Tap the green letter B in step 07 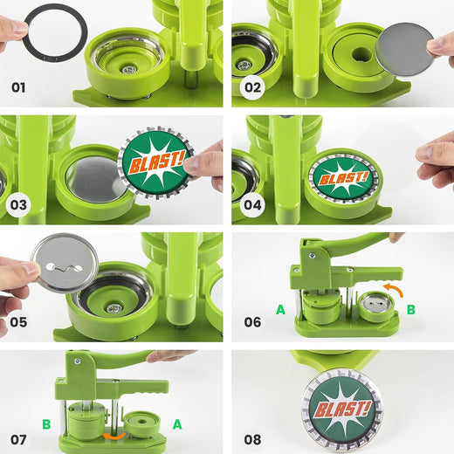[x=45, y=424]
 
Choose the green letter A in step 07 [x=177, y=424]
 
